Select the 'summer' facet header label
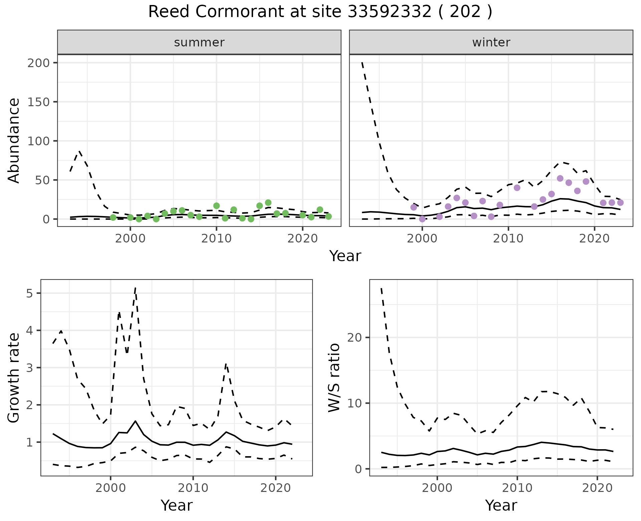click(199, 42)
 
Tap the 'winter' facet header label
click(491, 42)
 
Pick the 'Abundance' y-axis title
click(14, 141)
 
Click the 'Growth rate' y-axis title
click(14, 378)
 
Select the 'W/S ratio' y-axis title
click(334, 378)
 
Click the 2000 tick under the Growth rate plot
click(111, 488)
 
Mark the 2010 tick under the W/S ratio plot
click(517, 488)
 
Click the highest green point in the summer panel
click(268, 203)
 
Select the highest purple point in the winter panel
click(560, 178)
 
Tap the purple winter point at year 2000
click(422, 219)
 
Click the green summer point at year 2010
click(216, 206)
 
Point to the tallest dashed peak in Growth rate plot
click(135, 288)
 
